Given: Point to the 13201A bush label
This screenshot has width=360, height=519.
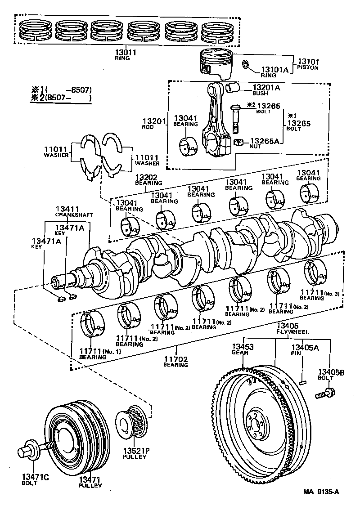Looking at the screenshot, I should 266,88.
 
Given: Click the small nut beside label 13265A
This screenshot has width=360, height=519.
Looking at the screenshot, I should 238,143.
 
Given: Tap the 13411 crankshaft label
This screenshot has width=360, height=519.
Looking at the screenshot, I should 67,209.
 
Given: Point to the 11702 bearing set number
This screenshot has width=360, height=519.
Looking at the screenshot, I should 175,359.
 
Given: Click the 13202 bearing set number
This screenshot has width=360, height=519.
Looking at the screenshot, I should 147,177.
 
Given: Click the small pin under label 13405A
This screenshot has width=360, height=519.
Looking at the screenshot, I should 302,382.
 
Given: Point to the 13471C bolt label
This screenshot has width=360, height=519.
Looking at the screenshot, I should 34,477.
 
